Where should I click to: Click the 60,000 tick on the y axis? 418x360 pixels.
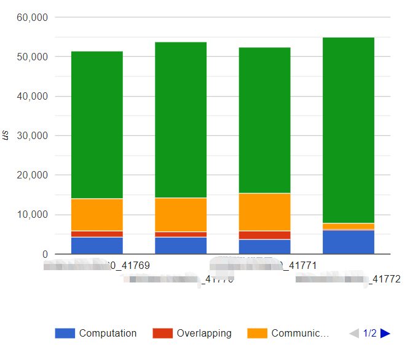(32, 17)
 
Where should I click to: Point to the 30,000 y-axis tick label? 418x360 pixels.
(32, 136)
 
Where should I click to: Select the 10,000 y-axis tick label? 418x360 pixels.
(32, 215)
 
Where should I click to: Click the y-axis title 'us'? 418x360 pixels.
(6, 136)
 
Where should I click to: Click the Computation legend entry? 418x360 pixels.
(96, 334)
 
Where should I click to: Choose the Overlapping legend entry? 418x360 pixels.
(193, 334)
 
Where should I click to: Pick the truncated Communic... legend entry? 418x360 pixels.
(289, 334)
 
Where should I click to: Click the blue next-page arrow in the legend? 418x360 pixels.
(385, 334)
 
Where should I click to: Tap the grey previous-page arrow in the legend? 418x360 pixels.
(354, 334)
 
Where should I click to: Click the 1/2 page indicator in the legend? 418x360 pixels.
(369, 334)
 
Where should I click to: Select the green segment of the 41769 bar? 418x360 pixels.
(97, 123)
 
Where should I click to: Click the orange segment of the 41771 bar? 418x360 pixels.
(264, 212)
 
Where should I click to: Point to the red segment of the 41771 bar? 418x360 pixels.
(264, 235)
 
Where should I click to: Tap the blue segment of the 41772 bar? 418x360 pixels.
(349, 242)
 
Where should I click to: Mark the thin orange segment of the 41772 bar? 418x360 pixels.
(349, 226)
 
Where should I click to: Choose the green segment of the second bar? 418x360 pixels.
(181, 120)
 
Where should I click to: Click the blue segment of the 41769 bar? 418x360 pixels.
(97, 246)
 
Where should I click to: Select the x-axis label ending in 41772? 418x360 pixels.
(348, 279)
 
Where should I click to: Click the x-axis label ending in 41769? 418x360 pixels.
(97, 266)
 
